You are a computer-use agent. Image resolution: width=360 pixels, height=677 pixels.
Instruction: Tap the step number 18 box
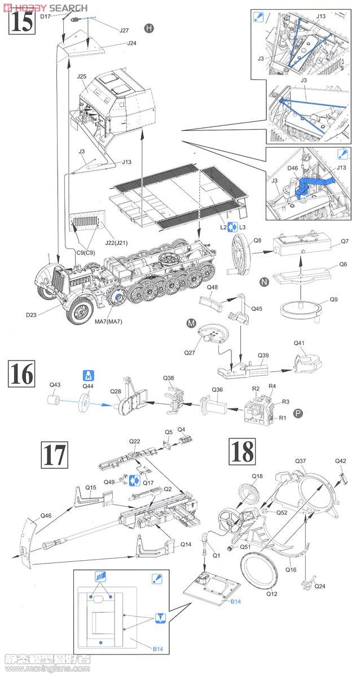[242, 453]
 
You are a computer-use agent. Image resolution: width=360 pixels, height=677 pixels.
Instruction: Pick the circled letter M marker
[191, 323]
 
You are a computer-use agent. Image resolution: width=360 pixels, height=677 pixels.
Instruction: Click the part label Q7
[345, 244]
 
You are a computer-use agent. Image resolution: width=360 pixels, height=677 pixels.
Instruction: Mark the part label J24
[131, 43]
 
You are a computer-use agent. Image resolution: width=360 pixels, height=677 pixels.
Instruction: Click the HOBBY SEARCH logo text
[45, 7]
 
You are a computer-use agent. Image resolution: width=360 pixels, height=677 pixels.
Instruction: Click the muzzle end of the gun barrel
[46, 546]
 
